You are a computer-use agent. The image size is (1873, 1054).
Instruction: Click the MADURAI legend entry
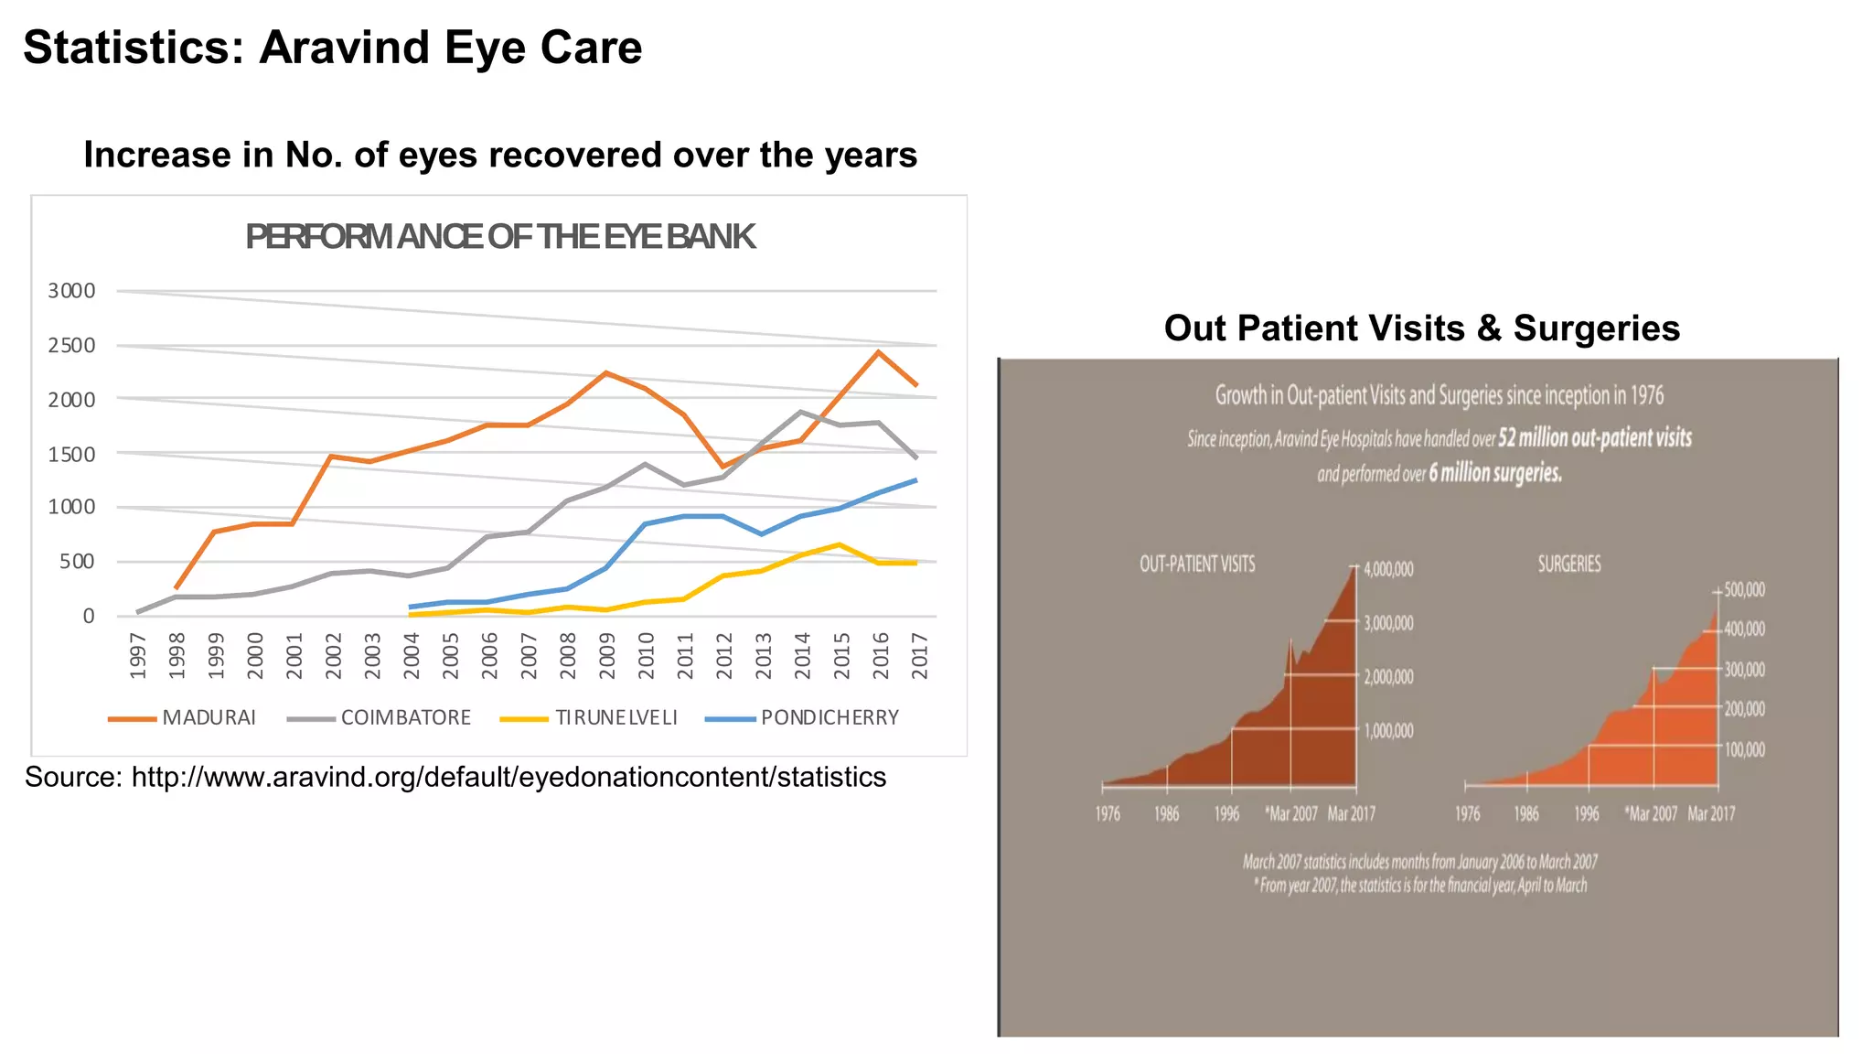point(209,717)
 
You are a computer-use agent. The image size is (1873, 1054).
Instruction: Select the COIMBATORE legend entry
point(405,717)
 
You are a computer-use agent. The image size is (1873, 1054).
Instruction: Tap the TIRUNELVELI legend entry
point(615,717)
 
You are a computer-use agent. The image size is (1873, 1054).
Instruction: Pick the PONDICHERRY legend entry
point(829,717)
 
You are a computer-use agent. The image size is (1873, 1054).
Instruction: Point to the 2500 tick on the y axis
point(71,346)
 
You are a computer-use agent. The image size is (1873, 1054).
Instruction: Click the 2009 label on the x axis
point(607,655)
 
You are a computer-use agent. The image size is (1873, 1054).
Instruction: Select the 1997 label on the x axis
point(138,655)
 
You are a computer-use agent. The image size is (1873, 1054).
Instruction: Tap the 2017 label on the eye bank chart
point(920,655)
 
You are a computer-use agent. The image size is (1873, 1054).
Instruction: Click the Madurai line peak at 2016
point(878,352)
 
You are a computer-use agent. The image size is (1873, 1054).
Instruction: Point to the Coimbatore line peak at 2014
point(801,412)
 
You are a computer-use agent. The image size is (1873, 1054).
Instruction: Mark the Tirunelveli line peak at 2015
point(840,545)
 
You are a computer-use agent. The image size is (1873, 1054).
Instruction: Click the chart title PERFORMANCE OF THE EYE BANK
point(500,237)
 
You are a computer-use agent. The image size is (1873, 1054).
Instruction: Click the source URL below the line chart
point(508,777)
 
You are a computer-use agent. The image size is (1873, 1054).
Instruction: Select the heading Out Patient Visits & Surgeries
point(1421,328)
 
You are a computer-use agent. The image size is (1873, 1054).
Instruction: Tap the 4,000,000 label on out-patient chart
point(1388,569)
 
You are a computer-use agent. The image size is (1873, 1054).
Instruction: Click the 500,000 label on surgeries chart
point(1744,590)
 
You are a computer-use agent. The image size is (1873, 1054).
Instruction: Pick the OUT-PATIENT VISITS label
point(1197,564)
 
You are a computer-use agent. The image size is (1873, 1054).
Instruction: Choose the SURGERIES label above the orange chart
point(1569,564)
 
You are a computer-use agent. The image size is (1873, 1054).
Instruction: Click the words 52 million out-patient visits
point(1595,437)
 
